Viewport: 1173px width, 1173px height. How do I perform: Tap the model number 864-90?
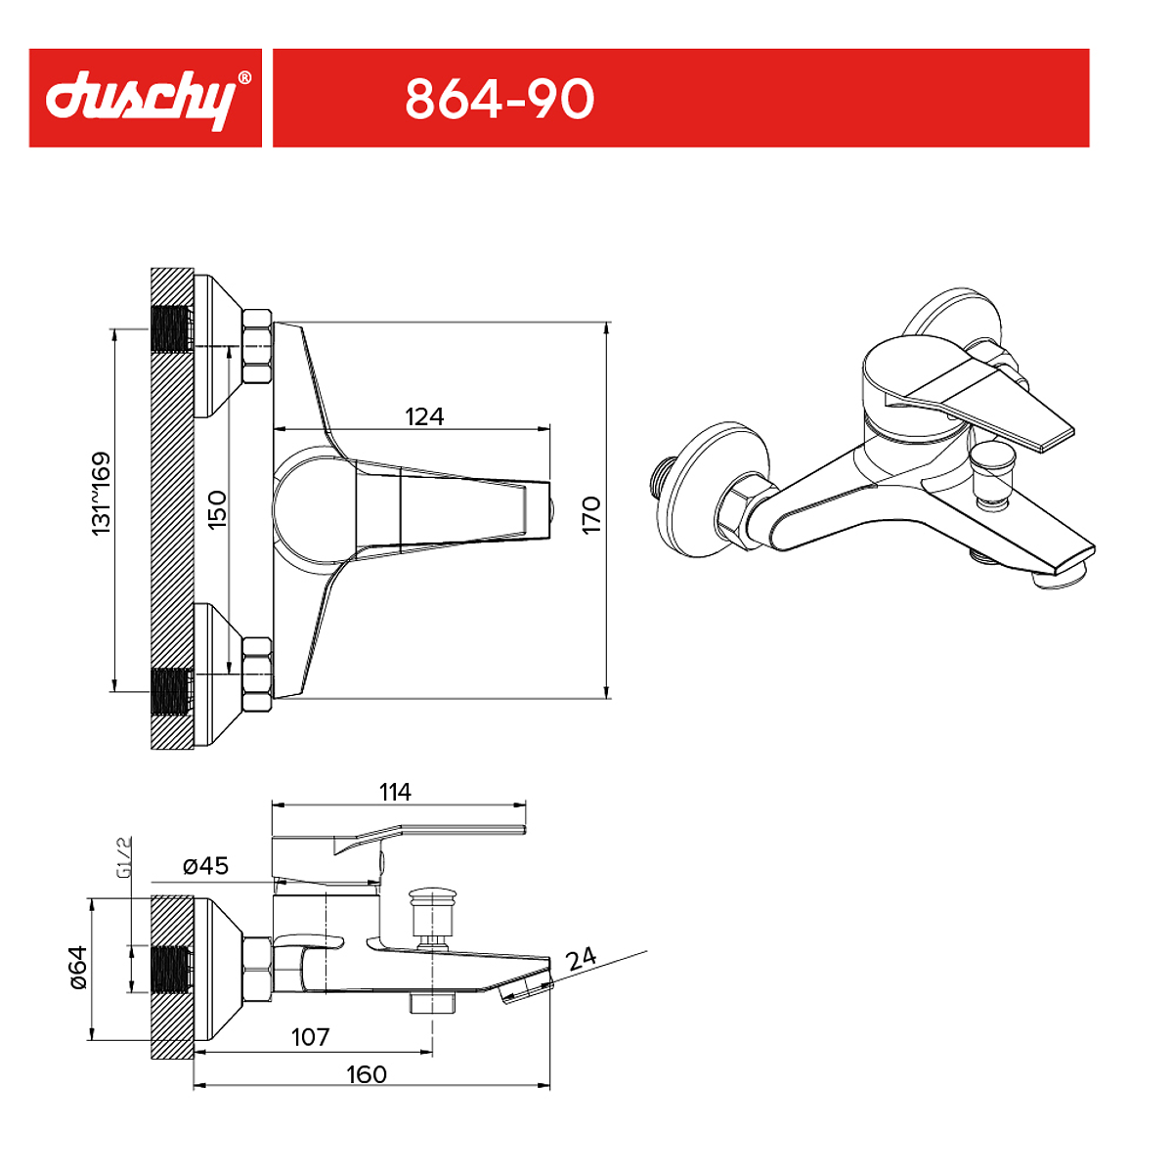(500, 100)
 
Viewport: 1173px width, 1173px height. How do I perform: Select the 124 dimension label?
(424, 416)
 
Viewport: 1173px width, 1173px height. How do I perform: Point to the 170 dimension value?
(591, 515)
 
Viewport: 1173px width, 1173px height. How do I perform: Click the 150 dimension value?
(217, 510)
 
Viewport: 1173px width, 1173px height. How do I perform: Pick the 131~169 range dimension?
(101, 494)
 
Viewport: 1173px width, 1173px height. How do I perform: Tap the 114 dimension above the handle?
(395, 792)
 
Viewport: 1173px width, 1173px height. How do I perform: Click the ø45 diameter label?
(205, 865)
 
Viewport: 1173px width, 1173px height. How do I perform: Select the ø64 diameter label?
(78, 968)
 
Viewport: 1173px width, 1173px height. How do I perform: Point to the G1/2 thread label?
(123, 858)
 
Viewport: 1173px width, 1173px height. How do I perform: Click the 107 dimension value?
(311, 1037)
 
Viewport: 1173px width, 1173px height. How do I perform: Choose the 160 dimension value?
(367, 1074)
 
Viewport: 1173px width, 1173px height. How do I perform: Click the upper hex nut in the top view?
(257, 346)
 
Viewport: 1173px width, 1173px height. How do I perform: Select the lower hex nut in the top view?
(257, 673)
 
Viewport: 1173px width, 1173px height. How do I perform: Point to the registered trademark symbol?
(243, 77)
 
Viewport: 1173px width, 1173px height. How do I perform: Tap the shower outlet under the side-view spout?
(432, 1003)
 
